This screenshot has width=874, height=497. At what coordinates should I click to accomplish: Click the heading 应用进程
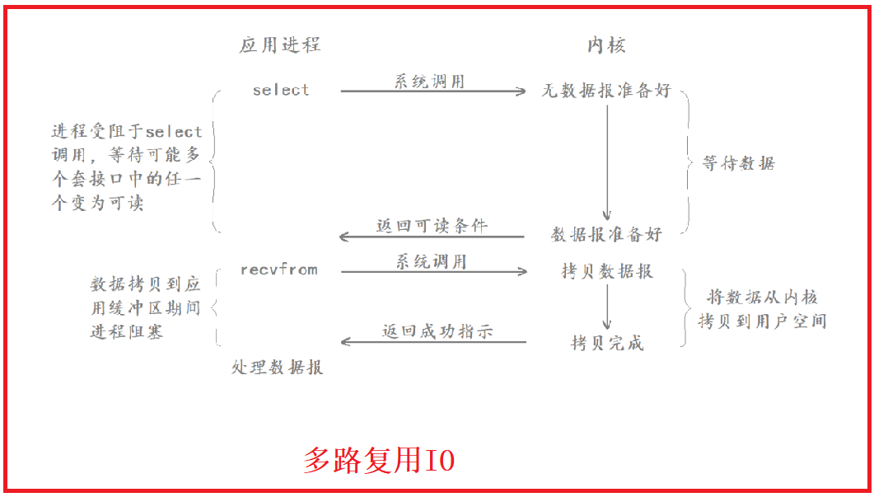(x=279, y=45)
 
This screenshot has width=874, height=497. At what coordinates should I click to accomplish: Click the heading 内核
(x=606, y=45)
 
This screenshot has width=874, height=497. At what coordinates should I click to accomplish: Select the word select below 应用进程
(x=281, y=90)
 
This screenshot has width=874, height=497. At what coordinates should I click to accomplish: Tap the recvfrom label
(x=279, y=270)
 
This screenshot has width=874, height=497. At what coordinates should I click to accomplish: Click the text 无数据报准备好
(x=606, y=91)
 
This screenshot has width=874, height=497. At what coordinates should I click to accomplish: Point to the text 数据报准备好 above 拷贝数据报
(x=606, y=234)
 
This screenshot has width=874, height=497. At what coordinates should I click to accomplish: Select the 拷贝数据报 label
(x=607, y=271)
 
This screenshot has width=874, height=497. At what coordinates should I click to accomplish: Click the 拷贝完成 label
(x=607, y=343)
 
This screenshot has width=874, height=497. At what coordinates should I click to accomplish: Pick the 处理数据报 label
(x=278, y=368)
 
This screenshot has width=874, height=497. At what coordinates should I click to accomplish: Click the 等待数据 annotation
(x=738, y=163)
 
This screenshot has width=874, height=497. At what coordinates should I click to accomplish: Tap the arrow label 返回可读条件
(x=432, y=225)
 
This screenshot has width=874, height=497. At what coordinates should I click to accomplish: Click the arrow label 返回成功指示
(x=437, y=332)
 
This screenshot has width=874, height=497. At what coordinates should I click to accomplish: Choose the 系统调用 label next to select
(x=429, y=81)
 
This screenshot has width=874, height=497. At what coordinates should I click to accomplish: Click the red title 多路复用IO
(x=379, y=460)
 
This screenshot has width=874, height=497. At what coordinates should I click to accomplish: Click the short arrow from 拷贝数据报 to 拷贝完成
(x=607, y=307)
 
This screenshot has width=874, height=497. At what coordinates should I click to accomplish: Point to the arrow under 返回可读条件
(x=432, y=237)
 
